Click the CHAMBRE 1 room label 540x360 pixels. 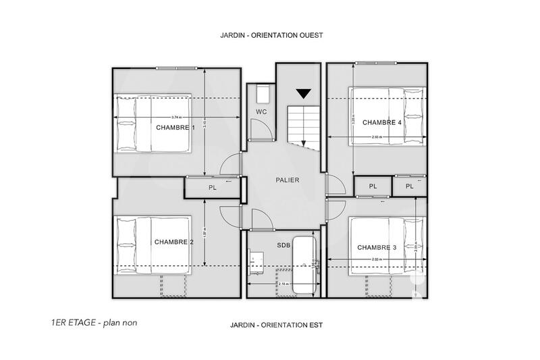175,127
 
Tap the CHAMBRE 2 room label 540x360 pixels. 173,242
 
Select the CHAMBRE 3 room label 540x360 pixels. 377,247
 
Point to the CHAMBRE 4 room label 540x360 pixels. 382,122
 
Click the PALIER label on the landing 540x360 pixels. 287,180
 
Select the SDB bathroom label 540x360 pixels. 283,245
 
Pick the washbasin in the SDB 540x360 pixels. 257,259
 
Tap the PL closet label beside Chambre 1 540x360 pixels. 211,187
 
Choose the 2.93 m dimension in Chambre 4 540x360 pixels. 379,138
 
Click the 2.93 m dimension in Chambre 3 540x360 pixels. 379,259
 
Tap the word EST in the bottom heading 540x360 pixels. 317,325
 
